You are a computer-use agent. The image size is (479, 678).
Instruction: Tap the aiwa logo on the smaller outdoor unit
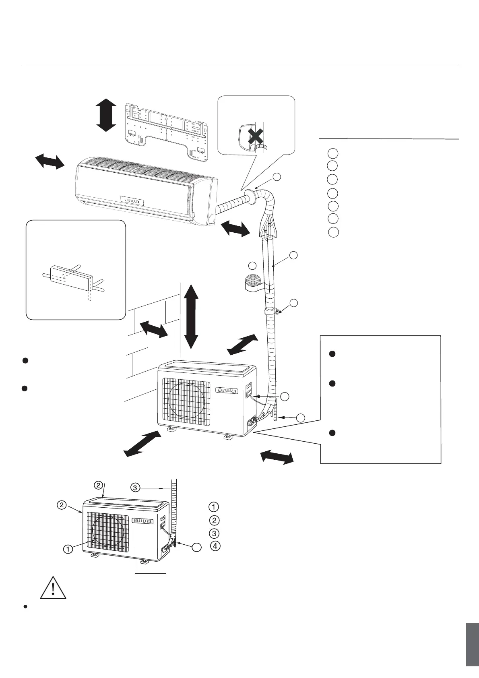pyautogui.click(x=143, y=521)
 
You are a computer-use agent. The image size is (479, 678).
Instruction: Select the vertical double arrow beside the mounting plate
pyautogui.click(x=106, y=115)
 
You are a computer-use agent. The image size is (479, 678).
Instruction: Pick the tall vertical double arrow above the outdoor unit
pyautogui.click(x=191, y=316)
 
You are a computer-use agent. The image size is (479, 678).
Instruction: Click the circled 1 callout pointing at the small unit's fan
pyautogui.click(x=68, y=549)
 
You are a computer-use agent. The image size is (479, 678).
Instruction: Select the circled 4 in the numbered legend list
pyautogui.click(x=215, y=546)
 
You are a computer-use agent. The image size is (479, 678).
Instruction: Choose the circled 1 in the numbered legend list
pyautogui.click(x=214, y=506)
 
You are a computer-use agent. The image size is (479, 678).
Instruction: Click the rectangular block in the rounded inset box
pyautogui.click(x=71, y=277)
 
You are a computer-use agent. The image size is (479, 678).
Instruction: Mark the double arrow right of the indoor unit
pyautogui.click(x=235, y=229)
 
